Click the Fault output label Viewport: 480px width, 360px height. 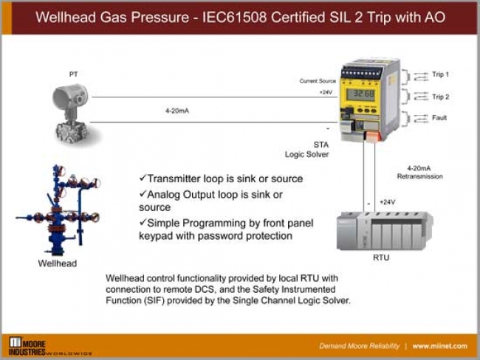tap(439, 117)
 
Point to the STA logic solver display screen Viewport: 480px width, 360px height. tap(360, 94)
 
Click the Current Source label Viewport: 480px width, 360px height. tap(318, 80)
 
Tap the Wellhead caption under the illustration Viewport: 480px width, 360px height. tap(58, 263)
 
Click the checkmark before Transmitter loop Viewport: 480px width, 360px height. tap(143, 179)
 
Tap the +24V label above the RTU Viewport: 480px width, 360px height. tap(387, 202)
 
